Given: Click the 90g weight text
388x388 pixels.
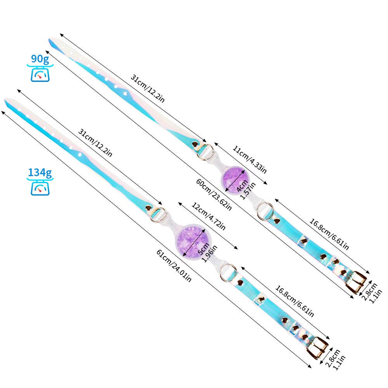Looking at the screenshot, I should tap(40, 59).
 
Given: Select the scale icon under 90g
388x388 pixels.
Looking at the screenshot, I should tap(40, 74).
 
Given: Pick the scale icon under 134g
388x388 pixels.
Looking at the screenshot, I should tap(40, 188).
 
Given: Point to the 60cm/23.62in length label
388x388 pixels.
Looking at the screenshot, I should tap(214, 195).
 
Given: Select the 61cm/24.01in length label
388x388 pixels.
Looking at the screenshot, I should tap(173, 266).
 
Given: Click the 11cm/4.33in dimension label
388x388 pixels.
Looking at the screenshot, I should tap(249, 159).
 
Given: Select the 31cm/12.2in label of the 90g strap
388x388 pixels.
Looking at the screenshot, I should tap(147, 88).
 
